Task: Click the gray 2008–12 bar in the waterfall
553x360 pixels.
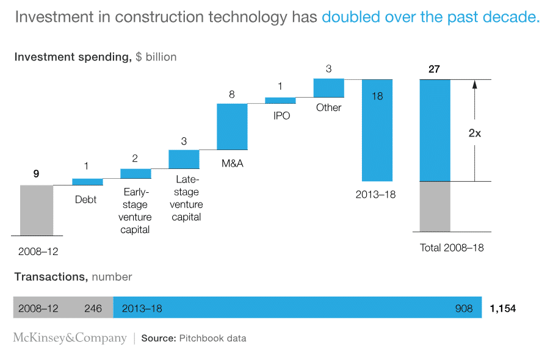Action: coord(37,210)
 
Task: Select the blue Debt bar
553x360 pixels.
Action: coord(87,181)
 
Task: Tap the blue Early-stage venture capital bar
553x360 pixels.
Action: coord(136,173)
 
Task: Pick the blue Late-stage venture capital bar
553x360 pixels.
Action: coord(184,159)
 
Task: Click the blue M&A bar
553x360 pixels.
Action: coord(232,126)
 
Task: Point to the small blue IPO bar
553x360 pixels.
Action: coord(280,100)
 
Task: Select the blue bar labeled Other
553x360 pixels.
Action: coord(329,87)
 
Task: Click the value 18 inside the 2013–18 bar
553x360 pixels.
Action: coord(377,96)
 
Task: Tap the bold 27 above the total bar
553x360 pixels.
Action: coord(434,69)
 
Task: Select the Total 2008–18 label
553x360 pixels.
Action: coord(452,248)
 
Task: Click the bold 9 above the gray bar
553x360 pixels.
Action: coord(36,174)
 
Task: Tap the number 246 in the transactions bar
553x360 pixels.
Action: coord(93,308)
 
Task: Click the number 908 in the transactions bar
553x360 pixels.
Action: coord(464,308)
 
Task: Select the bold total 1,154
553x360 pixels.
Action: coord(502,308)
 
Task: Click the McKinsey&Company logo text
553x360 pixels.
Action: coord(70,338)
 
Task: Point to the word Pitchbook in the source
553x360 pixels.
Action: coord(201,338)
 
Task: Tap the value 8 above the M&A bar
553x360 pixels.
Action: coord(232,95)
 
